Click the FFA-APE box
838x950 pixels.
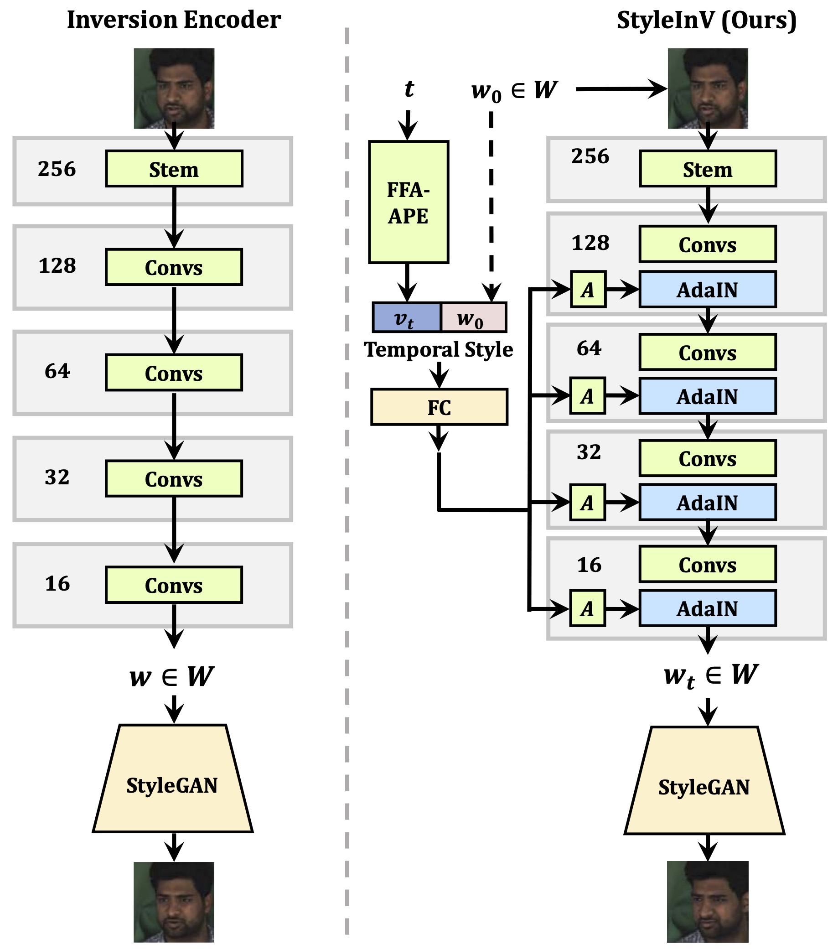click(x=409, y=202)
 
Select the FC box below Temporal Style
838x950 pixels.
click(x=439, y=407)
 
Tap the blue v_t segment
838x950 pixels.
click(x=406, y=318)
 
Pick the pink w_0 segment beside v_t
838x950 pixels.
click(x=473, y=318)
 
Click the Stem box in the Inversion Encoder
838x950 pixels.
click(x=174, y=169)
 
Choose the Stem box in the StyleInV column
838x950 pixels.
click(x=708, y=169)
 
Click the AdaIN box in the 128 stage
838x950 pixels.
click(x=708, y=290)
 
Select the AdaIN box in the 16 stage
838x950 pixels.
click(x=708, y=608)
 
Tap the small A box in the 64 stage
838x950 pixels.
click(x=588, y=396)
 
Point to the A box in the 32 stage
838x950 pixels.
click(x=588, y=503)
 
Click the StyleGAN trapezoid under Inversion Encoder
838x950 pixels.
click(x=173, y=785)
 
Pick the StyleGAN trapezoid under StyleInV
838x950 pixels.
click(x=704, y=787)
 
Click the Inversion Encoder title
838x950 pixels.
click(x=174, y=20)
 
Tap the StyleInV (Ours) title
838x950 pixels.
click(x=707, y=20)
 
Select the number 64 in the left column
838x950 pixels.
click(x=57, y=371)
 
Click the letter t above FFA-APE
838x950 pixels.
click(x=409, y=88)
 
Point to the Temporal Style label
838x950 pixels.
click(x=439, y=349)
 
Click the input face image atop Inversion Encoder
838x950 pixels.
click(x=174, y=88)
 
